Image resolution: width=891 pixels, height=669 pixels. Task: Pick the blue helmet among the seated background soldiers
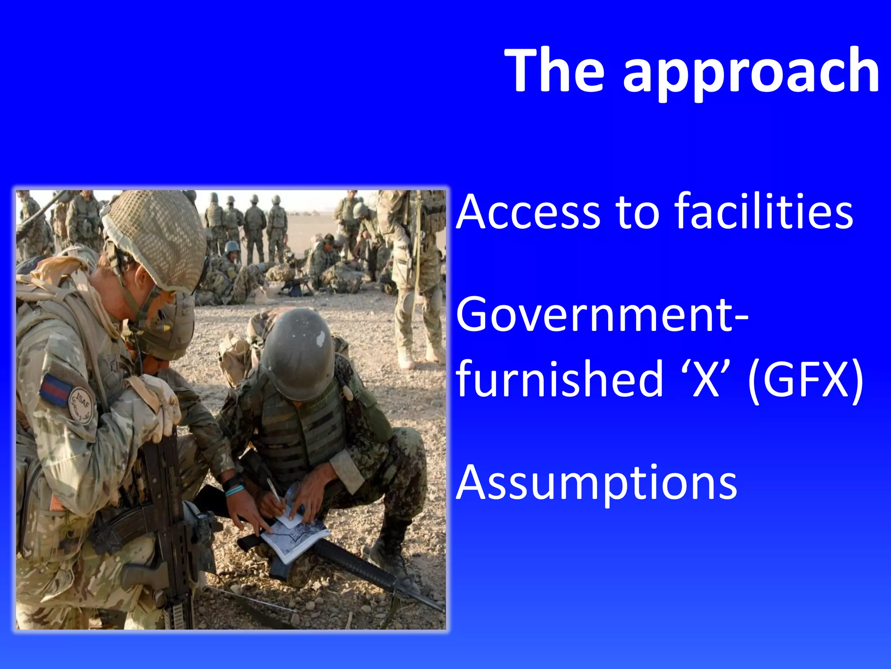[x=232, y=247]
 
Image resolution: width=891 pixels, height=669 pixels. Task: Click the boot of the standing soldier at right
[x=406, y=357]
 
